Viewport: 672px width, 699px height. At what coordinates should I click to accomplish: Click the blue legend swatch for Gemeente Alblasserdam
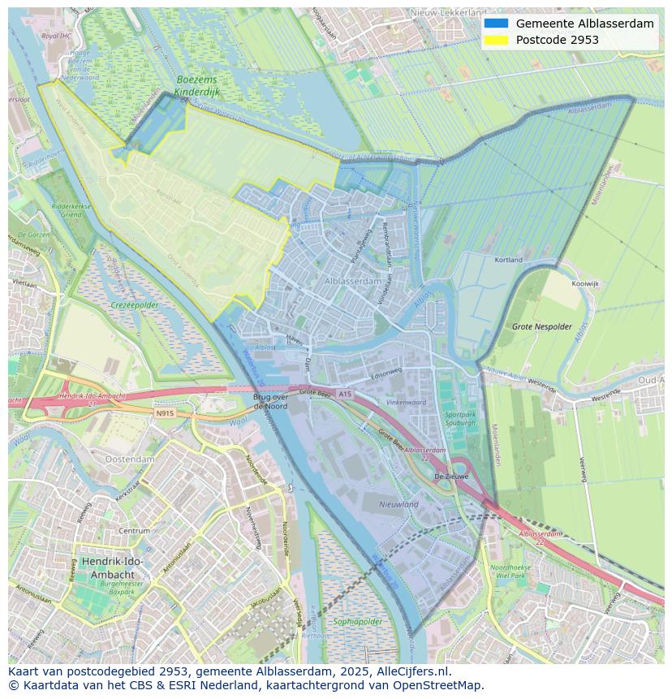[x=496, y=24]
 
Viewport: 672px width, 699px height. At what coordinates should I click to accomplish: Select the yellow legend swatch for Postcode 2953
[x=496, y=40]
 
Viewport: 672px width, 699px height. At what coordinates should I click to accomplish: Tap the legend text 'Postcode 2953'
[x=557, y=40]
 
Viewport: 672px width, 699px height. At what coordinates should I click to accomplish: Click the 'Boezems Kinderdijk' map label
[x=198, y=86]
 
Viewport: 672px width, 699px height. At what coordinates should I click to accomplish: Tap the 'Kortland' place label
[x=509, y=260]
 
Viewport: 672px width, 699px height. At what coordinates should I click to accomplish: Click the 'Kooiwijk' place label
[x=584, y=284]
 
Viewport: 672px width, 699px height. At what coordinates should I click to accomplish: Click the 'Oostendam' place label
[x=130, y=459]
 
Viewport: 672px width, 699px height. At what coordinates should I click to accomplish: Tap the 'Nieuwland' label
[x=399, y=504]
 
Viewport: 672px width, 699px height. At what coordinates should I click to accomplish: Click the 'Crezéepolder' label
[x=135, y=305]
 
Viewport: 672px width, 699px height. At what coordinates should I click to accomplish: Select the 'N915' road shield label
[x=165, y=412]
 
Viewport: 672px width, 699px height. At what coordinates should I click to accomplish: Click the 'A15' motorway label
[x=346, y=394]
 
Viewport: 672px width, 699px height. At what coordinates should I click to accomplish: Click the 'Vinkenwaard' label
[x=406, y=402]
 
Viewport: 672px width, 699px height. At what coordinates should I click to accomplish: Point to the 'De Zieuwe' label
[x=451, y=477]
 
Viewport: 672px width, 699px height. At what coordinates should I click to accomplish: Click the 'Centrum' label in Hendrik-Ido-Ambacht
[x=134, y=530]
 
